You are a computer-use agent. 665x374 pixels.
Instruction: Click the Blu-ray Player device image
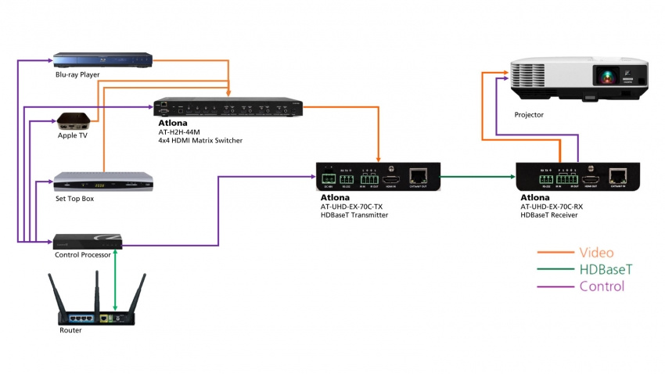point(102,60)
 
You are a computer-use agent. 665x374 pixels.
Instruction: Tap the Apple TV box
point(75,120)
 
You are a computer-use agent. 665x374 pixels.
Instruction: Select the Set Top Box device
point(102,182)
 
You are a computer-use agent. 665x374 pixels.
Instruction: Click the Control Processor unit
point(87,240)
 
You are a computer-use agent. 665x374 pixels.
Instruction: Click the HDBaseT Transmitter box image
point(377,178)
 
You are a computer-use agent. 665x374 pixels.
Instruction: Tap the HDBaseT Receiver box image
point(577,178)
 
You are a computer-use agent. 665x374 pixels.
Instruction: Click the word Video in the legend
point(597,252)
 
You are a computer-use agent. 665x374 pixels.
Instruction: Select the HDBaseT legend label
point(606,269)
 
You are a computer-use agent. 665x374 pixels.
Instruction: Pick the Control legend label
point(602,286)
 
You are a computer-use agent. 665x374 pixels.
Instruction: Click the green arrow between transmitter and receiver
point(477,176)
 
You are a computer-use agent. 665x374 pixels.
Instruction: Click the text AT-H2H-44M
point(179,132)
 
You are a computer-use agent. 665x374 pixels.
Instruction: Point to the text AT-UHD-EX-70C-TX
point(351,207)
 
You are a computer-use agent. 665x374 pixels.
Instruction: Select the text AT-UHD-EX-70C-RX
point(552,207)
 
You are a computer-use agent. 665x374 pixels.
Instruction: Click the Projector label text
point(528,115)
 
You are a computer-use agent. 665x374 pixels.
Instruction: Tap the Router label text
point(70,330)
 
